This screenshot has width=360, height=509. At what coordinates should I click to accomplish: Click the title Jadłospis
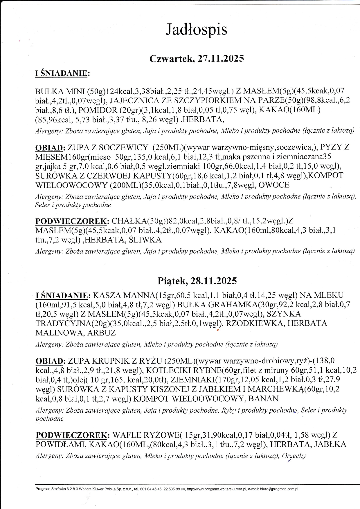tap(196, 30)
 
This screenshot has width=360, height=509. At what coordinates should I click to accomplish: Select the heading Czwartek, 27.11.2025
tap(197, 59)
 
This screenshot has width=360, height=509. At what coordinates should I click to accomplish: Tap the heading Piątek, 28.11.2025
tap(197, 281)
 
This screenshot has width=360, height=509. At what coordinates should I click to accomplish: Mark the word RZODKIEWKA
tap(254, 323)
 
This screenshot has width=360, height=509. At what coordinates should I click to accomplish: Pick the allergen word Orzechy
tap(294, 456)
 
